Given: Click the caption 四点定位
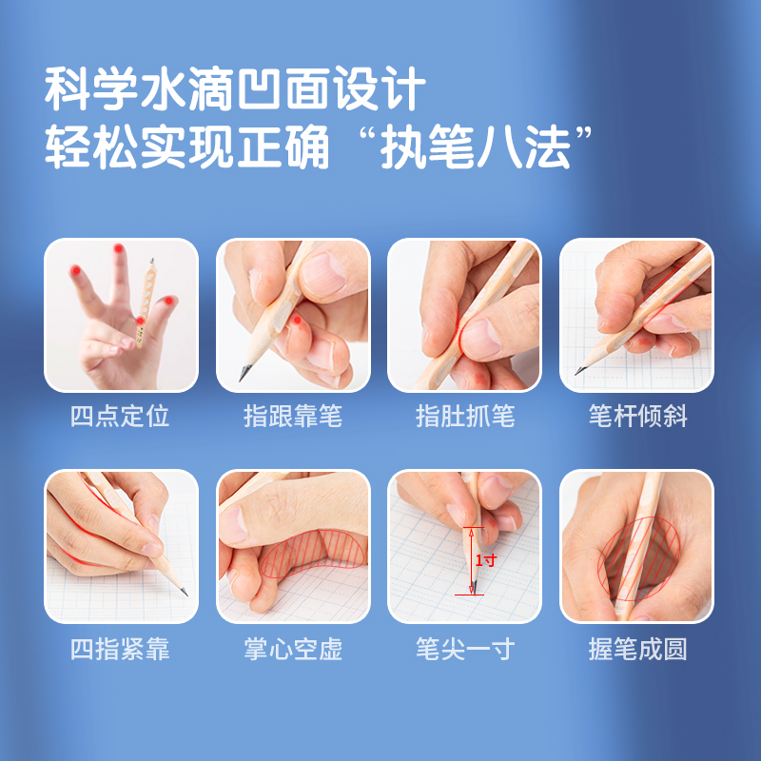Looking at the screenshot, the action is [x=120, y=417].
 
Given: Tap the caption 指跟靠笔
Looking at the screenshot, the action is [x=293, y=417].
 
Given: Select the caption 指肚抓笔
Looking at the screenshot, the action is [x=465, y=417].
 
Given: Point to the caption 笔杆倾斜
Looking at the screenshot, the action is [x=637, y=417].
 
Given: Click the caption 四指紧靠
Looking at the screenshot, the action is [x=120, y=649].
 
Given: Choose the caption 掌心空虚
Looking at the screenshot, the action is [x=293, y=649].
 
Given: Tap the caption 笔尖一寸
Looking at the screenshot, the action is [x=465, y=649].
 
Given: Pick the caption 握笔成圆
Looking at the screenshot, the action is [x=637, y=649].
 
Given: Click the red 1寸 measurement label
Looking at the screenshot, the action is [x=486, y=560].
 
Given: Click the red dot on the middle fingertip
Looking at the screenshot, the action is [x=118, y=248].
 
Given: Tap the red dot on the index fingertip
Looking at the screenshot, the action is [x=75, y=270].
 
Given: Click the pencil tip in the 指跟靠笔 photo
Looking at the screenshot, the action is [x=242, y=378].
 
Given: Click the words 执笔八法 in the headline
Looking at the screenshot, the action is [x=475, y=146].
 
